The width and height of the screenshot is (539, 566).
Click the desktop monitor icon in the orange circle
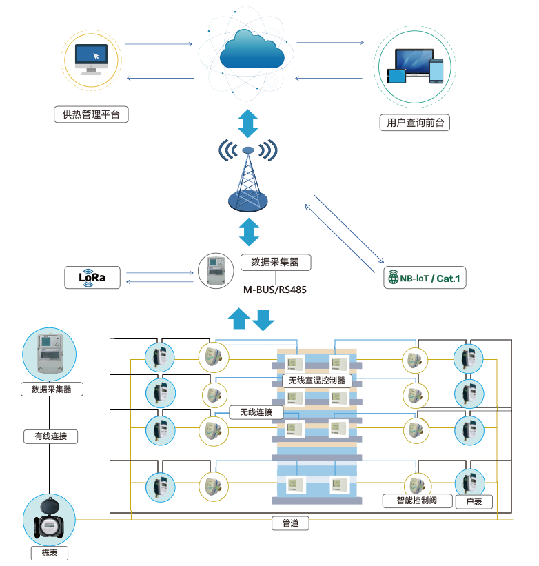pyautogui.click(x=92, y=59)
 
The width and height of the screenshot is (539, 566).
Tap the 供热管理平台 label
pyautogui.click(x=91, y=114)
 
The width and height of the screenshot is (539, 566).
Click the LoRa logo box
pyautogui.click(x=92, y=277)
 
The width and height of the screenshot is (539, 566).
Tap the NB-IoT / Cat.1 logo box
pyautogui.click(x=425, y=279)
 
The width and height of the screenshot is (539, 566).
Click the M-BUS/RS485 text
pyautogui.click(x=275, y=290)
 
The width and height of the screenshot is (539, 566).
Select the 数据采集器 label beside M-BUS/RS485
pyautogui.click(x=275, y=262)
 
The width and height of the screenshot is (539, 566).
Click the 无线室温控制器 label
pyautogui.click(x=317, y=380)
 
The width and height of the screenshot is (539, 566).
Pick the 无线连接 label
pyautogui.click(x=256, y=412)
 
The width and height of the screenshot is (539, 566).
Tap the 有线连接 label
pyautogui.click(x=50, y=436)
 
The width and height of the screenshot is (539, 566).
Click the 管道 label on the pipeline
pyautogui.click(x=290, y=523)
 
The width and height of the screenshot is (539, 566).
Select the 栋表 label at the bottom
pyautogui.click(x=50, y=553)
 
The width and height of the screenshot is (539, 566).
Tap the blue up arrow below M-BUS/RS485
pyautogui.click(x=239, y=318)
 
